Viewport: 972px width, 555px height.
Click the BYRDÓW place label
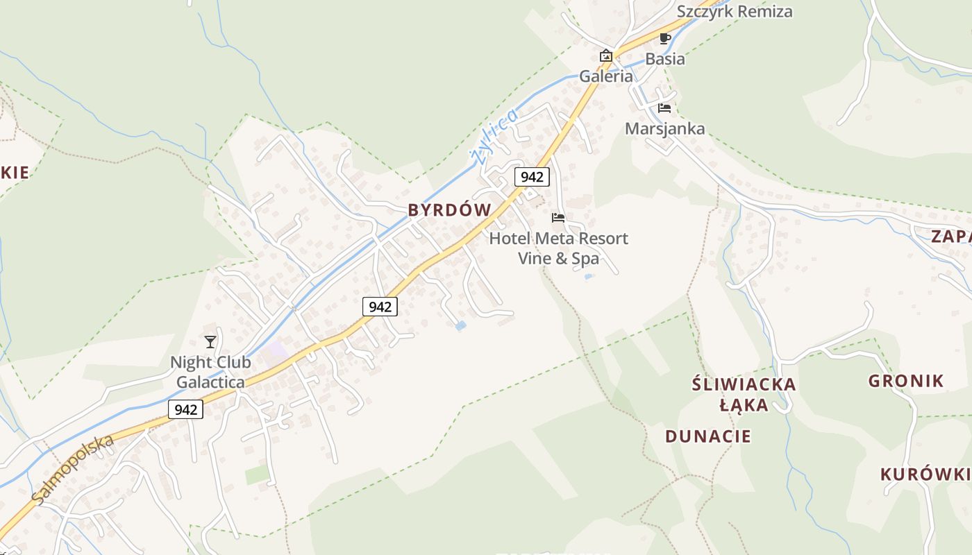coord(449,210)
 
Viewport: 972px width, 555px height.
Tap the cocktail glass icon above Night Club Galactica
coord(210,341)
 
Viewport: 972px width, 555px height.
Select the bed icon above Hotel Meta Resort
coord(558,218)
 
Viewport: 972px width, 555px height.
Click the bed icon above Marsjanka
coord(664,108)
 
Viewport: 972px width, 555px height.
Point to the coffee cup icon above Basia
coord(664,38)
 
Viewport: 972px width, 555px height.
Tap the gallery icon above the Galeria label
coord(606,55)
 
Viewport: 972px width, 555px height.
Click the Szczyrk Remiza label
coord(735,12)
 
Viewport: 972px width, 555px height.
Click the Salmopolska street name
coord(72,470)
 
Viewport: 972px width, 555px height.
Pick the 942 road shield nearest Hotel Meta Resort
coord(532,177)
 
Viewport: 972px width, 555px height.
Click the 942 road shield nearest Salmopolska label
coord(186,409)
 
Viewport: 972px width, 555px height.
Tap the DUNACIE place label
coord(708,436)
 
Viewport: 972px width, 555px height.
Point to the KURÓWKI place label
coord(925,475)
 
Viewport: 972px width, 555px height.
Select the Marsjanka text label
coord(664,128)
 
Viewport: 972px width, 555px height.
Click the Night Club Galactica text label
coord(210,372)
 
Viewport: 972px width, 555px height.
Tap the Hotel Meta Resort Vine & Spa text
coord(558,248)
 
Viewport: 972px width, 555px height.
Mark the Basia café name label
coord(665,59)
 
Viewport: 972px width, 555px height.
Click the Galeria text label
coord(606,76)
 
